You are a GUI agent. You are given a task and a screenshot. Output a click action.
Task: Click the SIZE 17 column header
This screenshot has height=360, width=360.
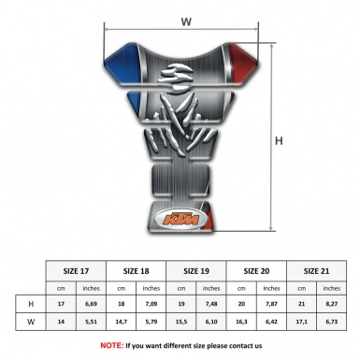(77, 268)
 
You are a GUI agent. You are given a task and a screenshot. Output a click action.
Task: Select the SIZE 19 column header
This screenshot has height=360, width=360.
(197, 268)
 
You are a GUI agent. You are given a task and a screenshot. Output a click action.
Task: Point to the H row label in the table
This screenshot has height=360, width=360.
(31, 304)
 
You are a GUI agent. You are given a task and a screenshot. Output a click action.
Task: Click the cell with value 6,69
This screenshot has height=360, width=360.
(92, 304)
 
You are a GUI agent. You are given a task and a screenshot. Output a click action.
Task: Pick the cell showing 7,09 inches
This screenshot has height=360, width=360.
(152, 304)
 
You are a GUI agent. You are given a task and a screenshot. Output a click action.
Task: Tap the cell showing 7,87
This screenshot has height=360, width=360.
(273, 304)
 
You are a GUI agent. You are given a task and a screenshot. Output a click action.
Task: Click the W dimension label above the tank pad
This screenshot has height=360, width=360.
(185, 18)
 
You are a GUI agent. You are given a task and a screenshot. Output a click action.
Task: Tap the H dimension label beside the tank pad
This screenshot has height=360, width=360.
(279, 141)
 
